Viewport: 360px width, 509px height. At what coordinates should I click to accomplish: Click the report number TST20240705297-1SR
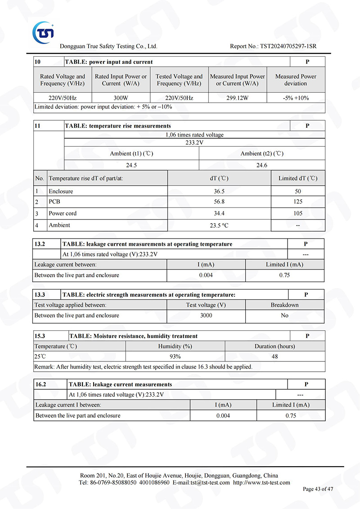coord(273,46)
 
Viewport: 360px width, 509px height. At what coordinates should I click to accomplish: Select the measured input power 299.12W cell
coord(238,98)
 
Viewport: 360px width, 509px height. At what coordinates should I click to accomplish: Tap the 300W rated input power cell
coord(121,98)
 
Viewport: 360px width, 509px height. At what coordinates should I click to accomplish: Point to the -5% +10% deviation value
coord(296,98)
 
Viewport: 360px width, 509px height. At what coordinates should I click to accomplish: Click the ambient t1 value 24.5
coord(131,165)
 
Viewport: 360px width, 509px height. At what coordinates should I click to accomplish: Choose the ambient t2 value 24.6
coord(262,165)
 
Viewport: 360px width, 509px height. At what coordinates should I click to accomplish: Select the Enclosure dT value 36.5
coord(219,191)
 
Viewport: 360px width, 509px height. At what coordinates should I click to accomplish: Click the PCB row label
coord(54,202)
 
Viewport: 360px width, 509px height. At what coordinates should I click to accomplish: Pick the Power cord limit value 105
coord(298,213)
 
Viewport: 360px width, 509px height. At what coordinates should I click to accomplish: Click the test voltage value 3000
coord(206,315)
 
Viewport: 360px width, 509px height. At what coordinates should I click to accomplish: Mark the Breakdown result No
coord(284,315)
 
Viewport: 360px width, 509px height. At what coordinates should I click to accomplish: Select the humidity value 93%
coord(175,356)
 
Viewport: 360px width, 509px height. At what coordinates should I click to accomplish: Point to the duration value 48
coord(274,356)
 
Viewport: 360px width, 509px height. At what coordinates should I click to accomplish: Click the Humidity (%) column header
coord(175,346)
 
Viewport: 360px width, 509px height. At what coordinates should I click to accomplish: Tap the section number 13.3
coord(40,295)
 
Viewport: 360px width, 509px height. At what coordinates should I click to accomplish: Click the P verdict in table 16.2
coord(306,384)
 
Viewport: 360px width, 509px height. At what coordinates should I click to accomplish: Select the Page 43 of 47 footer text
coord(318,489)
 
